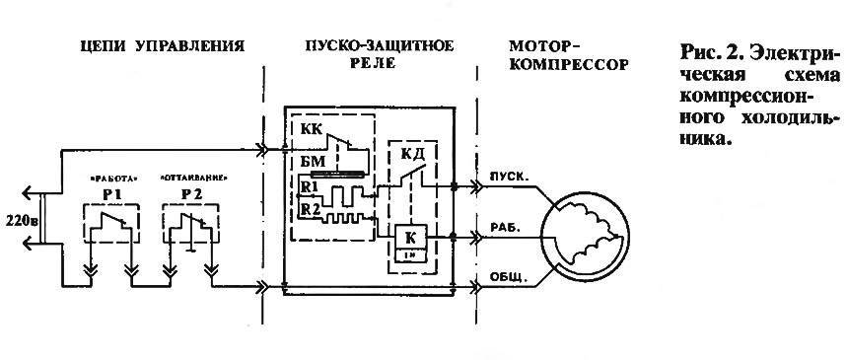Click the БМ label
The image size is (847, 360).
pyautogui.click(x=311, y=164)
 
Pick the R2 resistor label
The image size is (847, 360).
pyautogui.click(x=310, y=209)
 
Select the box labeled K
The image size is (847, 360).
pyautogui.click(x=409, y=241)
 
